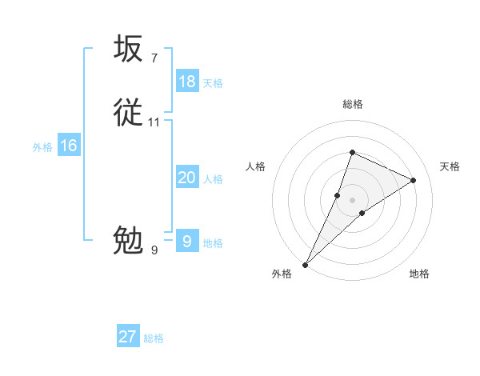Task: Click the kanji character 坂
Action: (x=128, y=49)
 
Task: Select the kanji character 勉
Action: (x=128, y=240)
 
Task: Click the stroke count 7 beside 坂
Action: (x=154, y=58)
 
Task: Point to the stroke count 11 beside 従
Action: (x=154, y=122)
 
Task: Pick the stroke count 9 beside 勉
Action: (x=154, y=250)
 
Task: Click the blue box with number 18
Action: (x=187, y=82)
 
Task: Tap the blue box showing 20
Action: (x=187, y=178)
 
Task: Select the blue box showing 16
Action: (x=69, y=146)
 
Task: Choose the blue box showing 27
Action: (x=128, y=337)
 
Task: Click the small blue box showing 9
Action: (x=187, y=242)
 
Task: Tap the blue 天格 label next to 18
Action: (x=213, y=83)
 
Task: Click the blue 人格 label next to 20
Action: (x=213, y=179)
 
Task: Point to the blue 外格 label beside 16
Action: (x=42, y=147)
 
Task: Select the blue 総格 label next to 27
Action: (x=154, y=338)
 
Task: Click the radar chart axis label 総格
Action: (x=352, y=104)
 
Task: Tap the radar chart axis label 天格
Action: (x=450, y=166)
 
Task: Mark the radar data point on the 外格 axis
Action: (x=305, y=265)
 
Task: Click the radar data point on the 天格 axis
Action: (x=414, y=180)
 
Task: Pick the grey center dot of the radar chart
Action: (x=352, y=200)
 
